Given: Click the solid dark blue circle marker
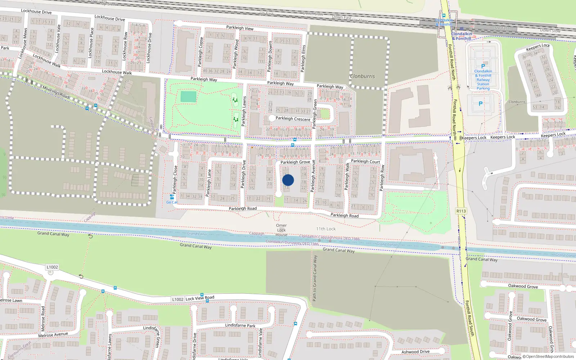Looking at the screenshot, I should pyautogui.click(x=288, y=180).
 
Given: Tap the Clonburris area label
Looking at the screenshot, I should pyautogui.click(x=362, y=76).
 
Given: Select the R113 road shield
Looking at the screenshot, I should pyautogui.click(x=461, y=211).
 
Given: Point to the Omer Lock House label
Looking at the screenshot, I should pyautogui.click(x=282, y=230).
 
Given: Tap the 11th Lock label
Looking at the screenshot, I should pyautogui.click(x=326, y=229).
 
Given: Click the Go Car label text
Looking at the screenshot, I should pyautogui.click(x=172, y=202).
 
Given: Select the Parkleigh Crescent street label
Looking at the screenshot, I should pyautogui.click(x=293, y=119).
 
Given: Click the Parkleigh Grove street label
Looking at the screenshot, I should pyautogui.click(x=295, y=162).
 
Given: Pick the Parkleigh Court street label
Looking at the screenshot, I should pyautogui.click(x=365, y=162).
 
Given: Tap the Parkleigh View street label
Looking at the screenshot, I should pyautogui.click(x=240, y=28).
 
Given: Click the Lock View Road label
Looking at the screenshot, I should pyautogui.click(x=200, y=298).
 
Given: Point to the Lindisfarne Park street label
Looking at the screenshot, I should pyautogui.click(x=240, y=325).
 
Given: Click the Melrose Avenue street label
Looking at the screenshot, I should pyautogui.click(x=53, y=335).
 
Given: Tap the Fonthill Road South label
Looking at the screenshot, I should pyautogui.click(x=470, y=318).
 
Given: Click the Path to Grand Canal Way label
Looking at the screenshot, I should pyautogui.click(x=315, y=278).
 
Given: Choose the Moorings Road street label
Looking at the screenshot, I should pyautogui.click(x=56, y=92).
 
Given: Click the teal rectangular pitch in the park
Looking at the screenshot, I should pyautogui.click(x=188, y=97).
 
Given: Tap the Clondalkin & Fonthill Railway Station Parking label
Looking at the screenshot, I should pyautogui.click(x=483, y=80).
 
